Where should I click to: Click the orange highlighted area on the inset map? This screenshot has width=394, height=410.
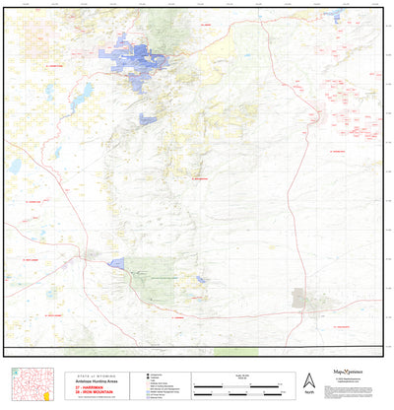[x=46, y=395]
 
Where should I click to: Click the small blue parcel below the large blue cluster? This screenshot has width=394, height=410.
[x=148, y=119]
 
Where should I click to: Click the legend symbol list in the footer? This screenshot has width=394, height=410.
[x=163, y=383]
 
